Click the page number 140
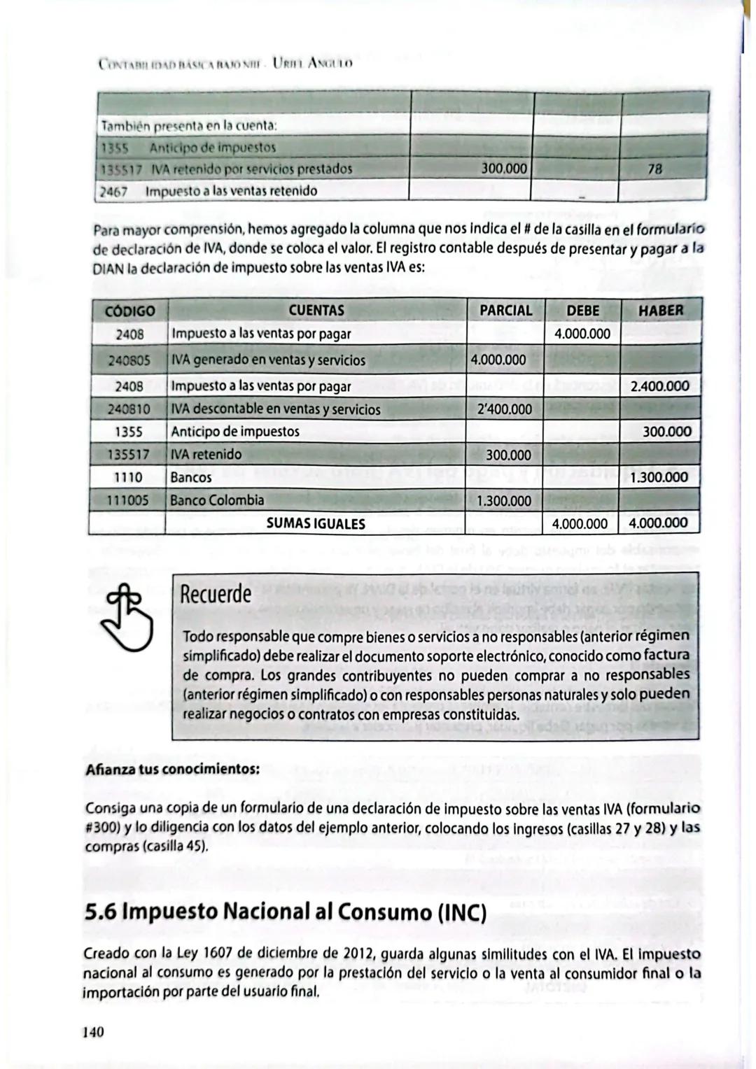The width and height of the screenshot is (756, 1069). [x=94, y=1031]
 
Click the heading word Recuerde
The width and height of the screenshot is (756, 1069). [x=216, y=594]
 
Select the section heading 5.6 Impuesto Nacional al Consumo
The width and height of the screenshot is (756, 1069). [x=285, y=912]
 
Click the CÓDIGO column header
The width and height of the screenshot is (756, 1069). [x=129, y=311]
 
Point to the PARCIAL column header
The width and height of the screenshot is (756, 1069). [x=505, y=310]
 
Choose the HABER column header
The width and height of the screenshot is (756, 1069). [x=661, y=310]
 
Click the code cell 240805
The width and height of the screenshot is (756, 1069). [x=129, y=360]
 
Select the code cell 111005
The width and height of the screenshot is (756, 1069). [x=129, y=500]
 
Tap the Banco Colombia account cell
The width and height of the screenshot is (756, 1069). [x=218, y=500]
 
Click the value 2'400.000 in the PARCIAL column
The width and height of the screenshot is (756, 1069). [x=504, y=409]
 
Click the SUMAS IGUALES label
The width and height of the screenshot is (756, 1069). [x=316, y=523]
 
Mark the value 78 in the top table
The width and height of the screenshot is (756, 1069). [x=655, y=169]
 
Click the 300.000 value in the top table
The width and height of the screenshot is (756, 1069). [x=504, y=169]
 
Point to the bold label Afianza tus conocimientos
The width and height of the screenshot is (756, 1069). [x=172, y=769]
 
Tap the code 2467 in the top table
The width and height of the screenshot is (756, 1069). [x=113, y=191]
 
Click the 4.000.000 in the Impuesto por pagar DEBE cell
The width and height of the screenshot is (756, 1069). [x=582, y=334]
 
